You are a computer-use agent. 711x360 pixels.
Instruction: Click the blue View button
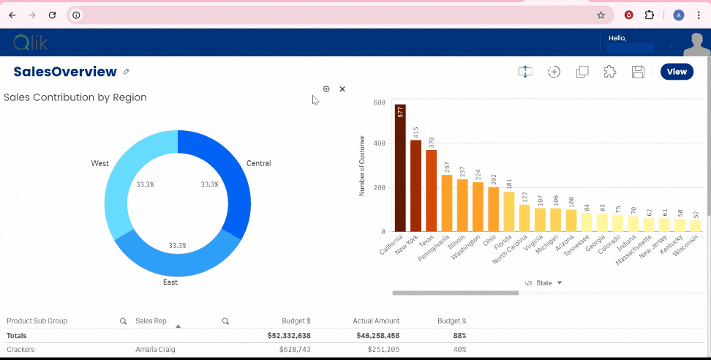pyautogui.click(x=677, y=72)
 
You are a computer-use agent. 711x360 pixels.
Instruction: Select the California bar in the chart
pyautogui.click(x=400, y=168)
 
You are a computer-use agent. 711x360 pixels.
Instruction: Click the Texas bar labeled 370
pyautogui.click(x=431, y=190)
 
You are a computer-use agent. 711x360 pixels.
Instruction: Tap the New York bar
pyautogui.click(x=415, y=186)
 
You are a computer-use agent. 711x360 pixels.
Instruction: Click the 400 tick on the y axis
pyautogui.click(x=379, y=143)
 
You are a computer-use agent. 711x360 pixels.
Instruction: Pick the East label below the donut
pyautogui.click(x=170, y=282)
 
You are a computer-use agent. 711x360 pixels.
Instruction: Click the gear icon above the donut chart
pyautogui.click(x=326, y=89)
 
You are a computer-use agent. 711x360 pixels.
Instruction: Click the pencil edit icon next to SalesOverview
pyautogui.click(x=127, y=72)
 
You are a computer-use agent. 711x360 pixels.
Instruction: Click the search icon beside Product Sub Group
pyautogui.click(x=124, y=321)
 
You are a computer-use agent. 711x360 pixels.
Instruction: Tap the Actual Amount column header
pyautogui.click(x=377, y=321)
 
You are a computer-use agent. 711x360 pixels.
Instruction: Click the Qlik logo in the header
pyautogui.click(x=30, y=43)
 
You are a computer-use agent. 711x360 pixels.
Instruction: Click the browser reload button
pyautogui.click(x=52, y=15)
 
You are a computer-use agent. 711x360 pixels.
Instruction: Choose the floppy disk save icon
pyautogui.click(x=638, y=72)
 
